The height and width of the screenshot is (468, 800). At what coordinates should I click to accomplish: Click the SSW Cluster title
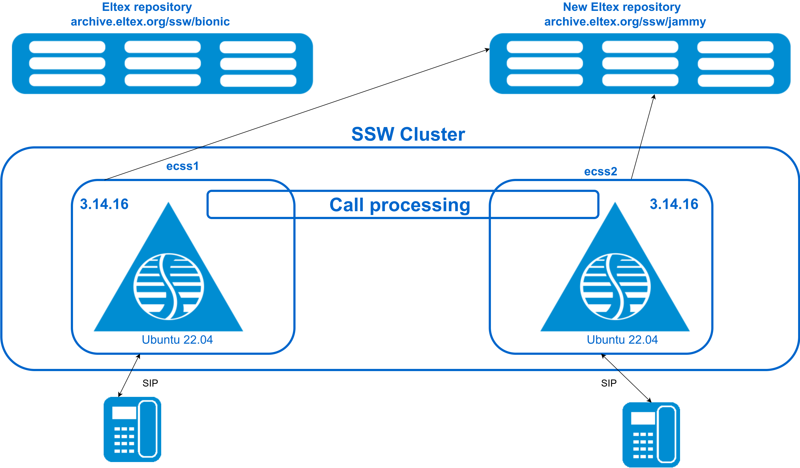pyautogui.click(x=408, y=134)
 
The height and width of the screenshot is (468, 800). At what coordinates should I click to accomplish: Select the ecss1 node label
pyautogui.click(x=183, y=166)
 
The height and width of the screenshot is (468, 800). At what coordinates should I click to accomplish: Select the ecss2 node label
pyautogui.click(x=601, y=172)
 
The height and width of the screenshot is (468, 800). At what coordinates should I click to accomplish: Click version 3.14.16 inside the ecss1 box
pyautogui.click(x=104, y=204)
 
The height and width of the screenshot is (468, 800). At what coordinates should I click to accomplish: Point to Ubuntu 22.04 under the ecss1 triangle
pyautogui.click(x=177, y=340)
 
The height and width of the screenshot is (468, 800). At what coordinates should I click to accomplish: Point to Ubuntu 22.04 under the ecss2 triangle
pyautogui.click(x=622, y=340)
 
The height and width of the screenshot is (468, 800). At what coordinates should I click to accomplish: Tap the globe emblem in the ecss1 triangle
pyautogui.click(x=169, y=286)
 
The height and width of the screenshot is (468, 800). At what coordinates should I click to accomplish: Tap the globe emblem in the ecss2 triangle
pyautogui.click(x=615, y=286)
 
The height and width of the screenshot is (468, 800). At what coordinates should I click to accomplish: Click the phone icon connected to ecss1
pyautogui.click(x=132, y=429)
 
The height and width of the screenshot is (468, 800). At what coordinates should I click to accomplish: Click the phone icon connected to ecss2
pyautogui.click(x=651, y=435)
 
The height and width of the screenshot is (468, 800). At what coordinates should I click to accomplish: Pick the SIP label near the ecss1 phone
pyautogui.click(x=150, y=383)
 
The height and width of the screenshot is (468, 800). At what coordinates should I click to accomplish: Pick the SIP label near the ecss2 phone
pyautogui.click(x=609, y=383)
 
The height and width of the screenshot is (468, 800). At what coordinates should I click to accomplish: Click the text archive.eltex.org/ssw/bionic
pyautogui.click(x=150, y=22)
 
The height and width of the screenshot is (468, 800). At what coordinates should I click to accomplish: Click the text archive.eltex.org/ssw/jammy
pyautogui.click(x=625, y=22)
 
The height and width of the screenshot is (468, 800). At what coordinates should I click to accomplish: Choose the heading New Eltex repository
pyautogui.click(x=622, y=7)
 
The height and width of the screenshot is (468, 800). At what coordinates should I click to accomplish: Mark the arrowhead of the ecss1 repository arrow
pyautogui.click(x=487, y=50)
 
